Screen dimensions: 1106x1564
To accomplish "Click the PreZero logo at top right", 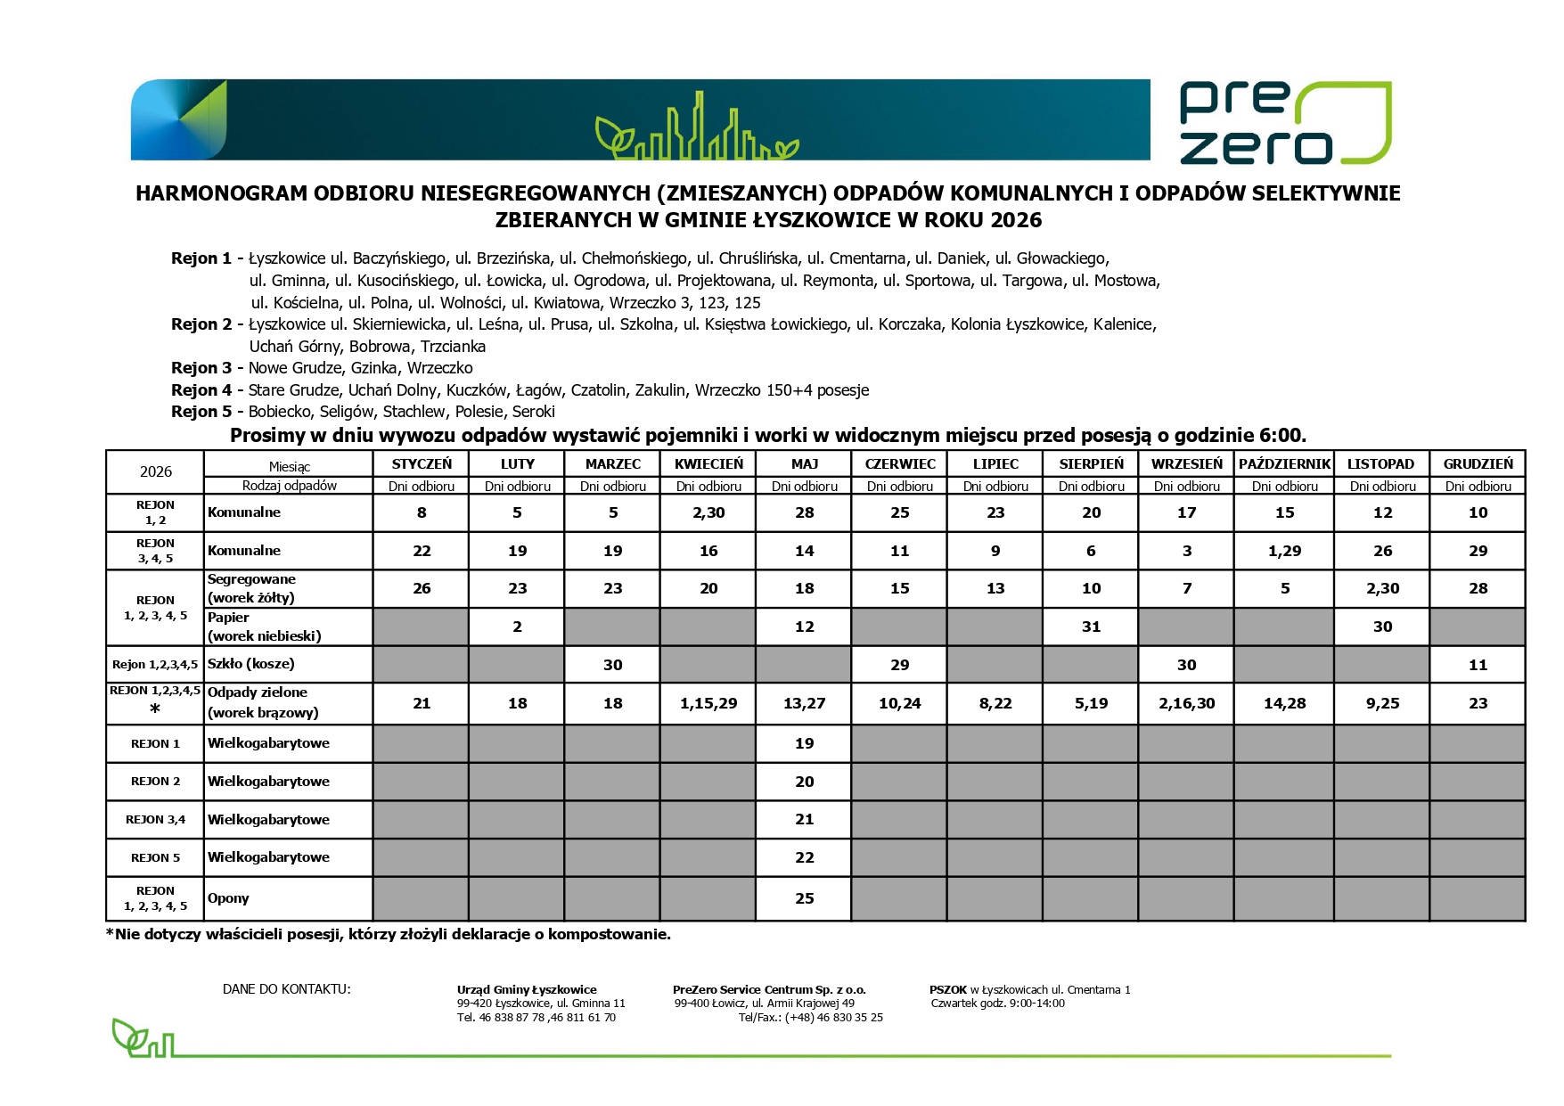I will (x=1284, y=123).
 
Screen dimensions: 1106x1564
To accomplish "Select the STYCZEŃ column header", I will (x=422, y=463).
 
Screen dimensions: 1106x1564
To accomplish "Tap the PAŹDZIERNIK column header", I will (x=1284, y=463).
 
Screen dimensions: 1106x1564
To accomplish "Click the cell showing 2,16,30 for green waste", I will (x=1186, y=703).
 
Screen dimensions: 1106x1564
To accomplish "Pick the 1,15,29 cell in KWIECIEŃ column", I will (x=708, y=703).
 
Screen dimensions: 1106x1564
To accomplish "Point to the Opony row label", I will (x=228, y=898).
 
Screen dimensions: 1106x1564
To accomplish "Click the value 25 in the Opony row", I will (x=804, y=898).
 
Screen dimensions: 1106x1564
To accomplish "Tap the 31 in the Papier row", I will (x=1091, y=627).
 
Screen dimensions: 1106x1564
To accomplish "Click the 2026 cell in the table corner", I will (x=155, y=471).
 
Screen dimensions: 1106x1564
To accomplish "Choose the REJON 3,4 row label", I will (x=155, y=819).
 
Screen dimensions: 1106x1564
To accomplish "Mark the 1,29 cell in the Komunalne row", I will (x=1284, y=551).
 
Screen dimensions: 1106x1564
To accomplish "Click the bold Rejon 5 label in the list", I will (x=201, y=412).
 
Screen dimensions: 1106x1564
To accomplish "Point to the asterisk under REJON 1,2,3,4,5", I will (x=155, y=709).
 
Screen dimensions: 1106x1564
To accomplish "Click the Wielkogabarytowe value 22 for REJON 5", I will (x=804, y=857).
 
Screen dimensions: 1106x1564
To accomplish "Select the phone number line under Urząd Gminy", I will (x=536, y=1018).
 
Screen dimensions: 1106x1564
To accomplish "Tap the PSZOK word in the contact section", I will (x=947, y=989).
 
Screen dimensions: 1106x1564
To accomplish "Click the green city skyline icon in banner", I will (x=697, y=129).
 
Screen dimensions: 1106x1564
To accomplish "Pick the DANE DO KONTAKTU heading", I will (x=286, y=989).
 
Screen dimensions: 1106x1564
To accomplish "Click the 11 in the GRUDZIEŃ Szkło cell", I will (x=1478, y=665).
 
